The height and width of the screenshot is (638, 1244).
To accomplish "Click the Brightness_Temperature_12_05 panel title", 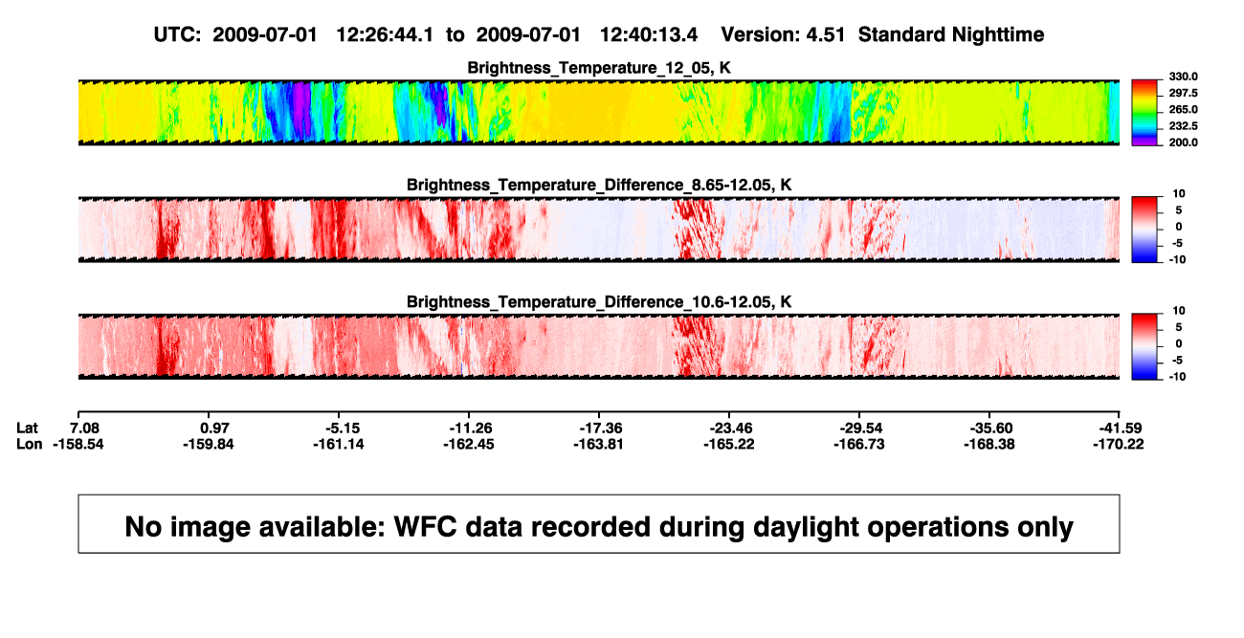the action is pos(599,68).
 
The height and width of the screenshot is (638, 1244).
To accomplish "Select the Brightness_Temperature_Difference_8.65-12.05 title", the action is pos(599,185).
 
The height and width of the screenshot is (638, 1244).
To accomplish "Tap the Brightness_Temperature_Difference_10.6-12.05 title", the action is pos(599,302).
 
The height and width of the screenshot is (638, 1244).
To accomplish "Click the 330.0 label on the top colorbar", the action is pos(1183,77).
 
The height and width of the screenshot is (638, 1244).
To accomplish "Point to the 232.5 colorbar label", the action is pos(1183,126).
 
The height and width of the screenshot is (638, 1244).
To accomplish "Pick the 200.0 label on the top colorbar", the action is pos(1183,143).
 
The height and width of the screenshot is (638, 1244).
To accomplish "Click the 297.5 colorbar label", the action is pos(1183,94).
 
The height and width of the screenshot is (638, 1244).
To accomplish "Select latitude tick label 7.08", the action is pos(85,429).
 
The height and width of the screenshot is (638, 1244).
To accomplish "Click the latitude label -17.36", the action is pos(601,429).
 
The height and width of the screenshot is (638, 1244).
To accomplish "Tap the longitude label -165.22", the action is pos(729,444).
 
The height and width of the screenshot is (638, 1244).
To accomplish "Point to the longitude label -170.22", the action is pos(1119,444).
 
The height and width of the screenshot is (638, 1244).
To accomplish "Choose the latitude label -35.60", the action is pos(991,429).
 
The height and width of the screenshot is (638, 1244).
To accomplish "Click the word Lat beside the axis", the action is pos(27,429).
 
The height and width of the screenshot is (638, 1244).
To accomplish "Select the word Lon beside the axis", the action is pos(30,444).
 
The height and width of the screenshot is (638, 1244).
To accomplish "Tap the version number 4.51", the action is pos(825,34).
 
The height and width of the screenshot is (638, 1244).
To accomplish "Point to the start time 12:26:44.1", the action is pos(385,34).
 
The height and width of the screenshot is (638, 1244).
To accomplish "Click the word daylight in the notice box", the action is pos(803,527).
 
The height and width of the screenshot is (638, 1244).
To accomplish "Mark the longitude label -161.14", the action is pos(339,444).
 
